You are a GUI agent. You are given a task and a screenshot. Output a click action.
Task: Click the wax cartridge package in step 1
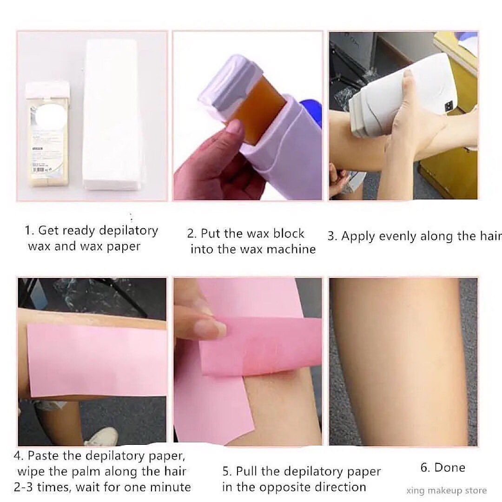(46, 135)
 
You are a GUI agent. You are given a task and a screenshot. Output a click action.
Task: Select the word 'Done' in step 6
(449, 468)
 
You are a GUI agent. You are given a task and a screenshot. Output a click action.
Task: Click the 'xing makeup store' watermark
(446, 490)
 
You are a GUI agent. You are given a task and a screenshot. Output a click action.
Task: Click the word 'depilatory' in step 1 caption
(128, 231)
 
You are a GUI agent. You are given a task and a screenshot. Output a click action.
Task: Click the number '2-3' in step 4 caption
(27, 487)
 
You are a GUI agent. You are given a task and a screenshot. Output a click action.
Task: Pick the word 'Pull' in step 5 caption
(246, 471)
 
